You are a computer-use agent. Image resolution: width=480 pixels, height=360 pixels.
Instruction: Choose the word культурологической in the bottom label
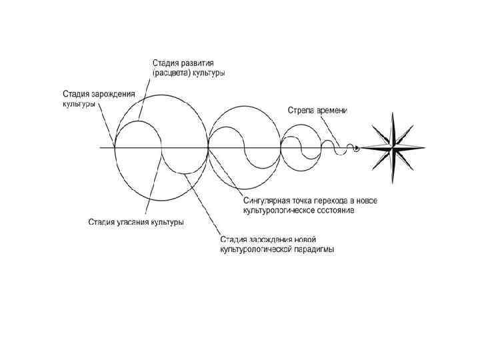(x=249, y=249)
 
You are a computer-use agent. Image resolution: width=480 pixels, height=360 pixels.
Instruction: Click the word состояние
(x=335, y=211)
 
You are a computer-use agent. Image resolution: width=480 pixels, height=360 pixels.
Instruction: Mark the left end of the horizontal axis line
(x=100, y=148)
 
